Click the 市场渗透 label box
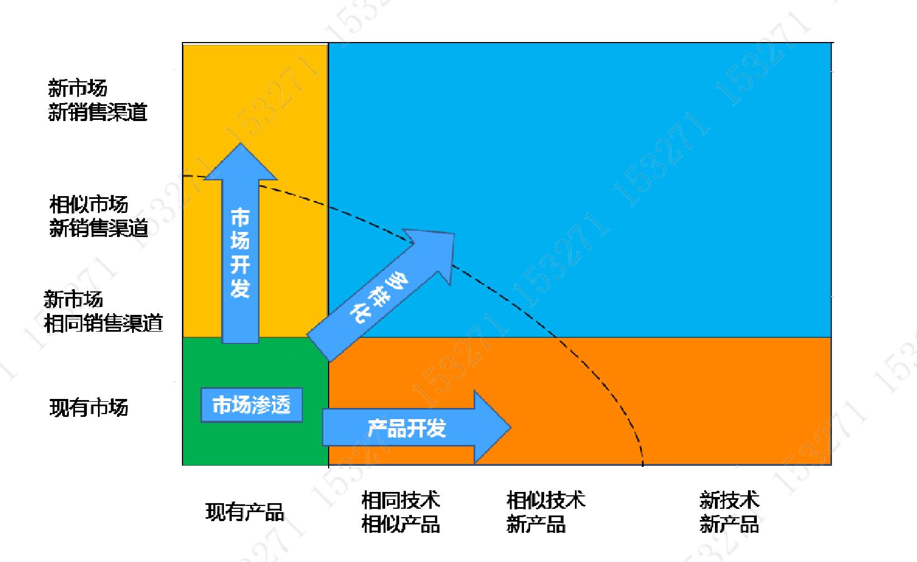[x=251, y=405]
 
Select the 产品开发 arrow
[x=416, y=427]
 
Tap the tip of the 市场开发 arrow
[x=241, y=143]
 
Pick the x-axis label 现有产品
[x=245, y=512]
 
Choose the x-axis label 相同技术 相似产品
[x=400, y=512]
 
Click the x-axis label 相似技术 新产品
[x=546, y=512]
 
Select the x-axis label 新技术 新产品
[x=729, y=512]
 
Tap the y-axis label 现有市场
[x=88, y=407]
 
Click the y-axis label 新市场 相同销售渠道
[x=103, y=312]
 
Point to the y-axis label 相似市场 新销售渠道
[x=99, y=216]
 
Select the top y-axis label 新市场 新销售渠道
[x=97, y=100]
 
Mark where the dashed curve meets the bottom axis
[x=643, y=465]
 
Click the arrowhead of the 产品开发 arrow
[x=492, y=427]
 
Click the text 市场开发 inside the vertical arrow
[x=240, y=253]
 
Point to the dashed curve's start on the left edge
[x=184, y=176]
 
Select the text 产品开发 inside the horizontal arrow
[x=406, y=429]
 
